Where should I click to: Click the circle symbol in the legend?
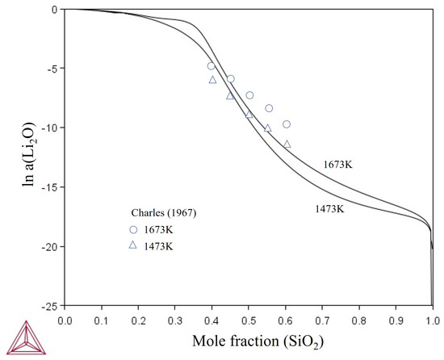point(133,228)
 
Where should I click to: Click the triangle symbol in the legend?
point(133,245)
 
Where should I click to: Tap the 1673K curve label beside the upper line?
point(338,165)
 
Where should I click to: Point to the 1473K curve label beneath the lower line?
point(330,208)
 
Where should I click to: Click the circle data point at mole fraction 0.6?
point(287,124)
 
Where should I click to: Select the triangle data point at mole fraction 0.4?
point(212,79)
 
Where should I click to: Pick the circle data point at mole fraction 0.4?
point(212,66)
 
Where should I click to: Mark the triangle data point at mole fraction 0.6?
point(287,144)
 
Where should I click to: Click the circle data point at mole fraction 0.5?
point(249,95)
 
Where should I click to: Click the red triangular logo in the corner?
point(19,337)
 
